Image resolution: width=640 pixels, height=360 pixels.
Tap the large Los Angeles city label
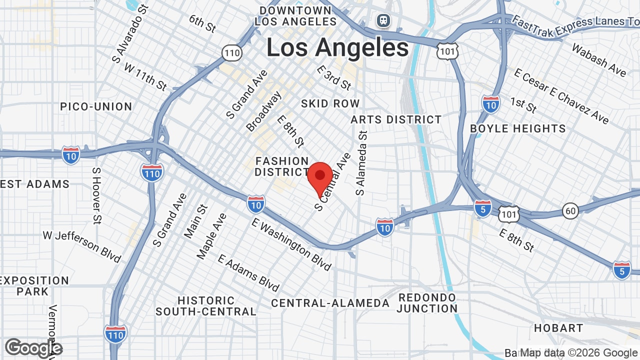(337, 48)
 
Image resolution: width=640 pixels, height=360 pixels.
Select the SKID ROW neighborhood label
(330, 103)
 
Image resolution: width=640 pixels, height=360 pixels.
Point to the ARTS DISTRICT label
(396, 119)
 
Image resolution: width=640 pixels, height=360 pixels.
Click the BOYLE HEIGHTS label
(518, 128)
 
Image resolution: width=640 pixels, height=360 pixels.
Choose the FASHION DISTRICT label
(282, 166)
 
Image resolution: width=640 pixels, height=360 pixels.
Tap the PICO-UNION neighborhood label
(96, 106)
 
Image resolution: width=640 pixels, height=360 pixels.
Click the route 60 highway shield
(570, 211)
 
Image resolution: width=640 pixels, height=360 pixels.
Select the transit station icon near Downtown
(383, 20)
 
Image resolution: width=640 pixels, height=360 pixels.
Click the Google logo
(33, 348)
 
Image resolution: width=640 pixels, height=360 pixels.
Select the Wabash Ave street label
(598, 60)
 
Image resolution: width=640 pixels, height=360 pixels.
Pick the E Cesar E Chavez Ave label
(561, 96)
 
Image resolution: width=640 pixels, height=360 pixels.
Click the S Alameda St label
(362, 163)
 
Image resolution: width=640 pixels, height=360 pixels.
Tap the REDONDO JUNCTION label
(427, 303)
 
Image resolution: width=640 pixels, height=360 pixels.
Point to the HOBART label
(558, 328)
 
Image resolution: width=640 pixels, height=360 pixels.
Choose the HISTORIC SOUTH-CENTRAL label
(206, 306)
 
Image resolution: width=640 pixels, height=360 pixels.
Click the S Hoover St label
(96, 195)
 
